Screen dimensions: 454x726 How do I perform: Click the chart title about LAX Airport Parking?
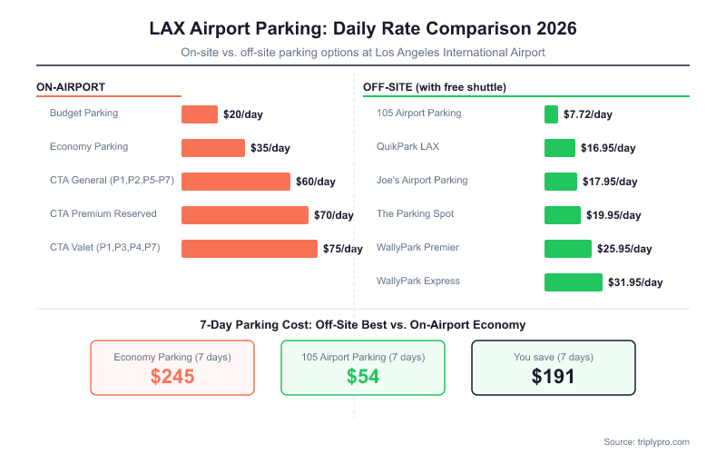click(363, 28)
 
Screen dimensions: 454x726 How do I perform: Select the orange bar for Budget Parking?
click(200, 114)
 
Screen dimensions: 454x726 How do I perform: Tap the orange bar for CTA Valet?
click(250, 249)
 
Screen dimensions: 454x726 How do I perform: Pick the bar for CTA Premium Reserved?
click(245, 215)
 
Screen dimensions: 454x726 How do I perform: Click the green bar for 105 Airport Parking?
click(551, 114)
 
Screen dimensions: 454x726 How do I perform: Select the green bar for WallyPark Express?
click(573, 282)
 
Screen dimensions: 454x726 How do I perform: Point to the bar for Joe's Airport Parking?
click(560, 182)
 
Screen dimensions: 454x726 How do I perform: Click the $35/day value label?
click(270, 148)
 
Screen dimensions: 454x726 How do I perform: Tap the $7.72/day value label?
click(588, 114)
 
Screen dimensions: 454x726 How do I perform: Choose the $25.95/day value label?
click(624, 249)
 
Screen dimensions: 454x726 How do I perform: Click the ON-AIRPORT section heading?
click(71, 87)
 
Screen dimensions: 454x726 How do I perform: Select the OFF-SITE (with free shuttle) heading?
click(434, 87)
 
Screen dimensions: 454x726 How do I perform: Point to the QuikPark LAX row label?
click(407, 147)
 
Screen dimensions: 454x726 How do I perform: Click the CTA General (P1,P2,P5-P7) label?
click(112, 181)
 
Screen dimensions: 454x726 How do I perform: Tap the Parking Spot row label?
click(415, 214)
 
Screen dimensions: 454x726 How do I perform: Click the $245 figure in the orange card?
click(172, 377)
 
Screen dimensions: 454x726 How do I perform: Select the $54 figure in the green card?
click(363, 377)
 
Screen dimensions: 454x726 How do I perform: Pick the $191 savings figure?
click(553, 377)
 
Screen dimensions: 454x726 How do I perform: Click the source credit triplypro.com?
click(647, 441)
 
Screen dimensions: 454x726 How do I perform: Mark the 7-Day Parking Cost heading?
click(363, 324)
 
